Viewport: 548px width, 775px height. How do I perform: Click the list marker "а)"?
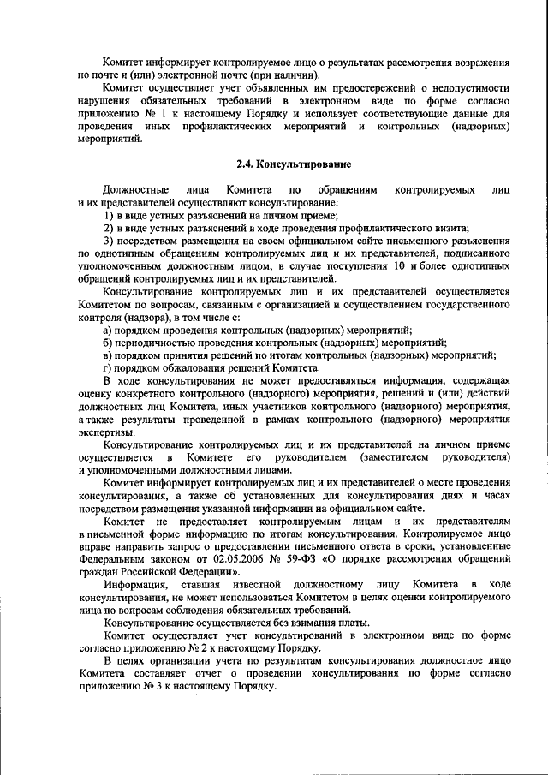[x=108, y=330]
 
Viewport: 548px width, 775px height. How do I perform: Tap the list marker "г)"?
[x=107, y=367]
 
